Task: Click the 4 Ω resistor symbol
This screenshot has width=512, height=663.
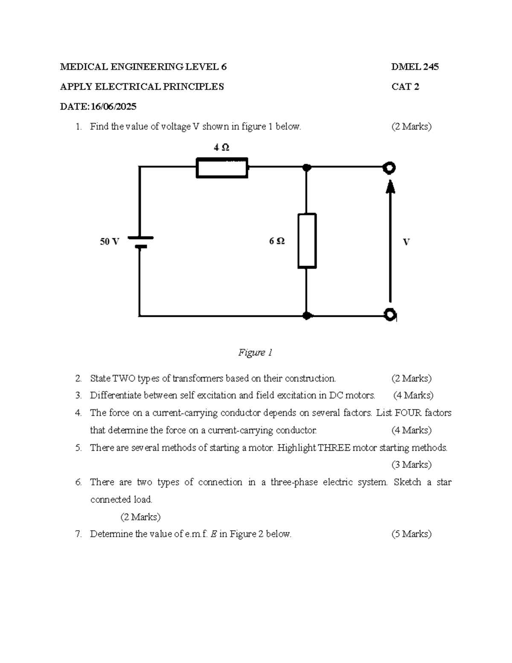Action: tap(222, 168)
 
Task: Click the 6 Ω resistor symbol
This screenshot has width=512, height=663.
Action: tap(307, 241)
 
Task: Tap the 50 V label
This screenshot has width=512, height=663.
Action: tap(109, 242)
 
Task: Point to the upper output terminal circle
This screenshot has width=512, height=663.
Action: tap(389, 168)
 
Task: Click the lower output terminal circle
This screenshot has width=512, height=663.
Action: tap(390, 315)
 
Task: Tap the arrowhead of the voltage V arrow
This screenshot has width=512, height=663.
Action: tap(390, 186)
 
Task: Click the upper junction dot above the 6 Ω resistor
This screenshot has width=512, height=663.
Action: tap(306, 167)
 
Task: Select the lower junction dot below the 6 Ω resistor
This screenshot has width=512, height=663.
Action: tap(306, 316)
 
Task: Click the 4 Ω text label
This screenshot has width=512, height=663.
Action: tap(221, 147)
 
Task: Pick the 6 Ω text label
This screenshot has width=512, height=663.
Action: tap(277, 241)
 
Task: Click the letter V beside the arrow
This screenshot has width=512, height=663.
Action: tap(406, 242)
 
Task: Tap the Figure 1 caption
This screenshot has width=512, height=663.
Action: tap(255, 353)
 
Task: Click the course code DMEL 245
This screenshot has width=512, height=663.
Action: tap(415, 67)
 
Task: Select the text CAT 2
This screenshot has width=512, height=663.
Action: tap(405, 87)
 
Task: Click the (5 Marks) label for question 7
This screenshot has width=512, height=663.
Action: tap(411, 534)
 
